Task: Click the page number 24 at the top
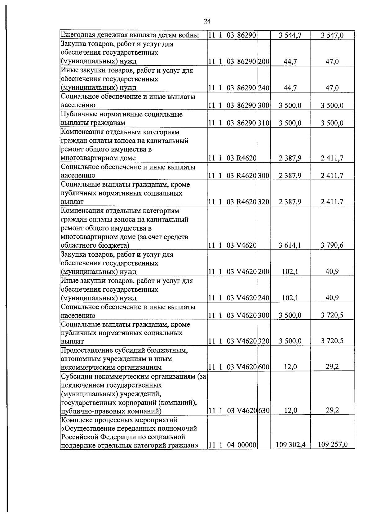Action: pyautogui.click(x=207, y=21)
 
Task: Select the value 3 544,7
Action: pyautogui.click(x=290, y=35)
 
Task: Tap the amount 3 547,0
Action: pyautogui.click(x=332, y=35)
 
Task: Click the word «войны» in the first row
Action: pyautogui.click(x=189, y=35)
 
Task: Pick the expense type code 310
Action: pyautogui.click(x=263, y=123)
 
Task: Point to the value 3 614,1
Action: pyautogui.click(x=290, y=245)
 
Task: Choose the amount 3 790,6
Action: pyautogui.click(x=332, y=245)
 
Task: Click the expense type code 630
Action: pyautogui.click(x=263, y=411)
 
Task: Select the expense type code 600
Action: pyautogui.click(x=263, y=367)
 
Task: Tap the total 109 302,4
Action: pyautogui.click(x=290, y=445)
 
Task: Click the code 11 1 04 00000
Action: pyautogui.click(x=232, y=445)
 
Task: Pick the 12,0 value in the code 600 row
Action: pyautogui.click(x=290, y=367)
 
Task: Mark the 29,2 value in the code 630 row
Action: pyautogui.click(x=332, y=410)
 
